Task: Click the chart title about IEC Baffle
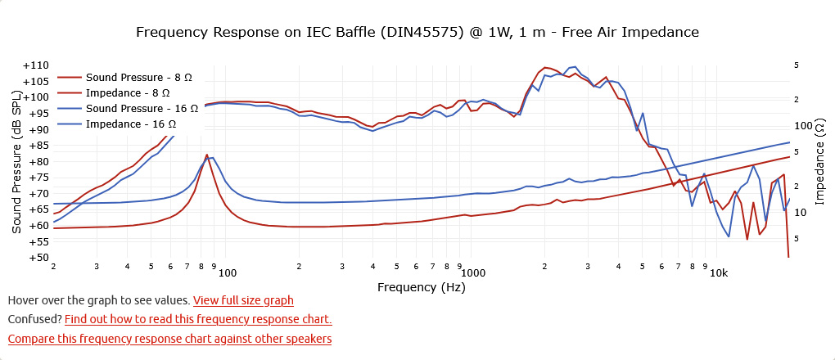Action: pos(417,33)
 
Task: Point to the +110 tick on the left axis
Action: pos(35,65)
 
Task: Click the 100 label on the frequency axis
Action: pos(227,272)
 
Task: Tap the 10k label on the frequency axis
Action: pos(718,272)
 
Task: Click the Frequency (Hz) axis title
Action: pos(421,288)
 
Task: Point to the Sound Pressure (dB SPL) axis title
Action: pos(16,161)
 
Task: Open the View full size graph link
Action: pos(243,301)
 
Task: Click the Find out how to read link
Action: pos(198,319)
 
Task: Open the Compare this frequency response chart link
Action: pos(169,338)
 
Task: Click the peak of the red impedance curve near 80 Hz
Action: pos(207,154)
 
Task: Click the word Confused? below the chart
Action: pos(34,319)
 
